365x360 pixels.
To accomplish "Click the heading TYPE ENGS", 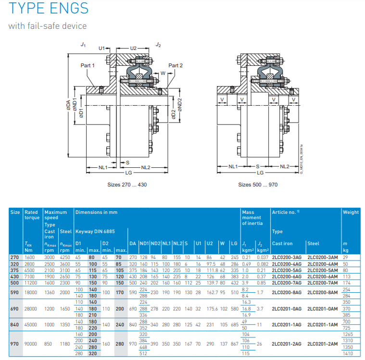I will pyautogui.click(x=49, y=9).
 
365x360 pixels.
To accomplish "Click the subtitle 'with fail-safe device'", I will pyautogui.click(x=48, y=25).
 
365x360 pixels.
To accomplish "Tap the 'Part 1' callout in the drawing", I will pyautogui.click(x=88, y=65).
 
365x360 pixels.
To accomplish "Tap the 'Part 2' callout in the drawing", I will pyautogui.click(x=176, y=65).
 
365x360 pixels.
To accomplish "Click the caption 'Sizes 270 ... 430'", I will pyautogui.click(x=127, y=184).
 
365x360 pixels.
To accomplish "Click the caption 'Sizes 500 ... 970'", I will pyautogui.click(x=258, y=184).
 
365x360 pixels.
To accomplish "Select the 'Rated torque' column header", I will pyautogui.click(x=32, y=215).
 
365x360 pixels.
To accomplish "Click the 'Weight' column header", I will pyautogui.click(x=351, y=212).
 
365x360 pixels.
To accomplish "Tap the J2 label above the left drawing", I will pyautogui.click(x=158, y=45).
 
